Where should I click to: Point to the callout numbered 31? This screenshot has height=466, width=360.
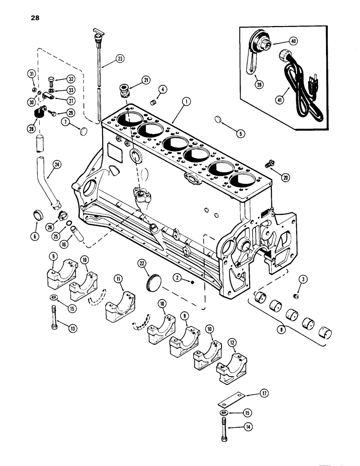pos(31,74)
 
